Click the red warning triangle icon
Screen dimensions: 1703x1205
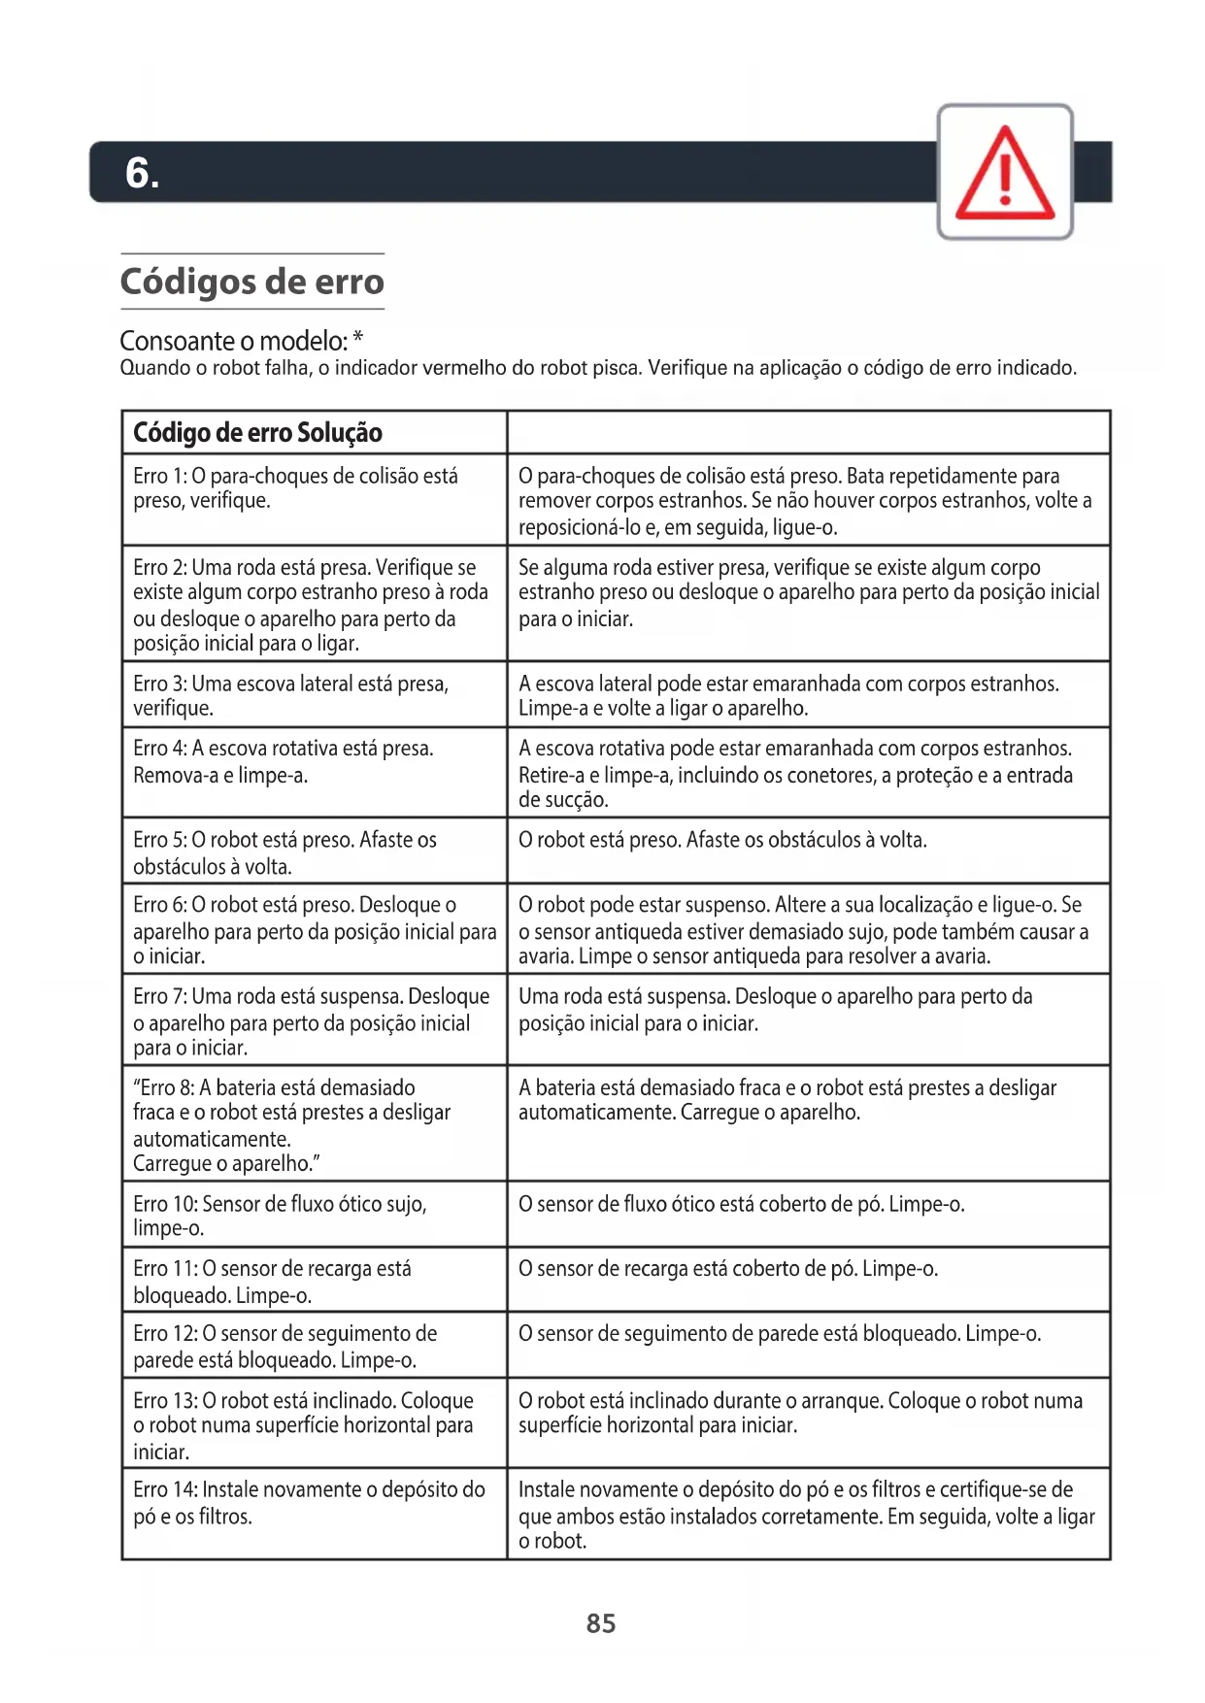1005,173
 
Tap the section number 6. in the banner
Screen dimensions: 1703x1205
142,173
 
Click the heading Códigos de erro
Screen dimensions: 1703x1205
252,282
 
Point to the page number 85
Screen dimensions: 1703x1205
601,1623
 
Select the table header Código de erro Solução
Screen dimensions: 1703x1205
257,433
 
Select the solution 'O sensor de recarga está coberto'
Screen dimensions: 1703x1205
728,1269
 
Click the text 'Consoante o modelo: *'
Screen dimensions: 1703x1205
242,341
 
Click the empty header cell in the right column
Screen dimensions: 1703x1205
808,433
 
